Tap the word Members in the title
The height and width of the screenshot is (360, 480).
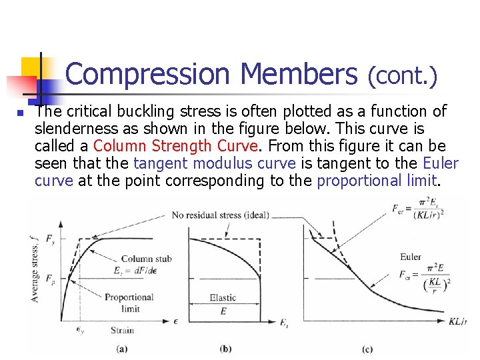tap(299, 74)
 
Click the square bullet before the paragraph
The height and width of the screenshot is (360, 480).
tap(21, 114)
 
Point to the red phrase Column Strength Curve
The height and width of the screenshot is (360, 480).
tap(174, 146)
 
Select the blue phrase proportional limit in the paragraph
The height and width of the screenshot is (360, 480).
tap(377, 181)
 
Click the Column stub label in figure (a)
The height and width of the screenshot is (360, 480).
tap(146, 259)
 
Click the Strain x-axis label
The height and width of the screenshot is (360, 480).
tap(122, 330)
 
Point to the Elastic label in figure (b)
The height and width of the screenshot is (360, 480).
tap(223, 298)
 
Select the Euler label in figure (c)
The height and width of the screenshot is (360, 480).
tap(411, 257)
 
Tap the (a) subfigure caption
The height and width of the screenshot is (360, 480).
tap(121, 348)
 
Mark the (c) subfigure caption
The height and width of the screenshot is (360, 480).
tap(367, 348)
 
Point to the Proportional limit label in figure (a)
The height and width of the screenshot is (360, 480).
tap(129, 303)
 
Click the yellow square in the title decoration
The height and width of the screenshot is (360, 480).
tap(33, 67)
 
